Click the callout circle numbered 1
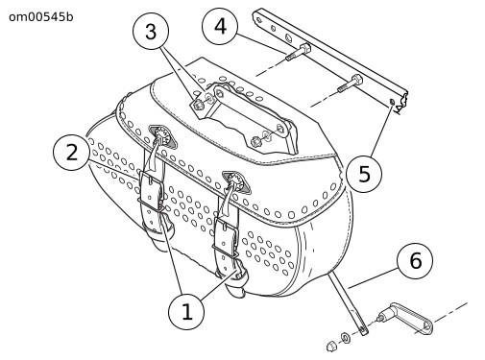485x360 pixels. (186, 311)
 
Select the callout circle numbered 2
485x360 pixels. (71, 152)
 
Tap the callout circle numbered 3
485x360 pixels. (151, 32)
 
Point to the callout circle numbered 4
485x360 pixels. (220, 26)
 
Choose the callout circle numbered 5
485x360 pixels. (364, 175)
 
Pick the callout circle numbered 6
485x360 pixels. (415, 261)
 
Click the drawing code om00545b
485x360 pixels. (41, 17)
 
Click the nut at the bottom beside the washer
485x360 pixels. (330, 346)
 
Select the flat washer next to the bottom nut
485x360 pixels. (345, 337)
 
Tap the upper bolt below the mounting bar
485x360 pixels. (298, 53)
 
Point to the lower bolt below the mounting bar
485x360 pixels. (350, 84)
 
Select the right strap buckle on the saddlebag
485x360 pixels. (226, 236)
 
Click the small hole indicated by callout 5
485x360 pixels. (392, 102)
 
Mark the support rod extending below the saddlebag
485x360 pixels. (348, 301)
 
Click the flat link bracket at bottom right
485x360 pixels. (406, 318)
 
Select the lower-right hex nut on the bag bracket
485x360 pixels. (256, 141)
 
